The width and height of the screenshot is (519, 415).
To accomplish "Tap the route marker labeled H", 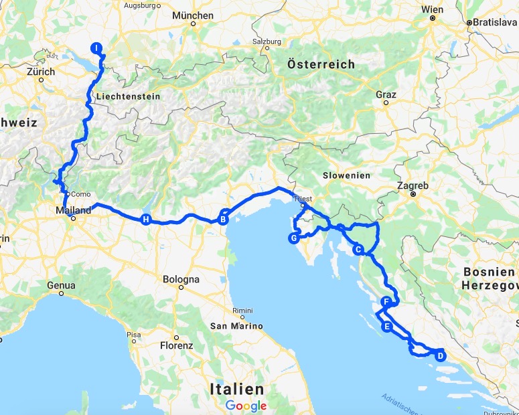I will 145,219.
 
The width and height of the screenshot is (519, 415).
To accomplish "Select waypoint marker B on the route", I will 224,218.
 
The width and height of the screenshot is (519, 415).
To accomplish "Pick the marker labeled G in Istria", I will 293,238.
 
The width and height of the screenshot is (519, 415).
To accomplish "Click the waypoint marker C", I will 358,250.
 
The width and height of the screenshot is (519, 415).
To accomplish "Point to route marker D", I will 440,355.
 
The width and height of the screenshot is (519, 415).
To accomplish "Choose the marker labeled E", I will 386,327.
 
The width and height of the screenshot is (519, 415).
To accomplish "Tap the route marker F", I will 386,302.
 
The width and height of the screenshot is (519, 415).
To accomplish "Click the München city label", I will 192,15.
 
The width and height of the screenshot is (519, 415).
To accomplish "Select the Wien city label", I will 433,10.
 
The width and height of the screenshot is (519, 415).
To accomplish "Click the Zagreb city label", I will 413,185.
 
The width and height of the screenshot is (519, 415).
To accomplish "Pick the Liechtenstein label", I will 128,96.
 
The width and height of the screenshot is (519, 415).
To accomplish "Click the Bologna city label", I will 181,279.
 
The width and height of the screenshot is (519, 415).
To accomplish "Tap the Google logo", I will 246,406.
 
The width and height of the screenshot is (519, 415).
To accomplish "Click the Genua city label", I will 61,285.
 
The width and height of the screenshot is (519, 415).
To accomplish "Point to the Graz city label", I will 386,95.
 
